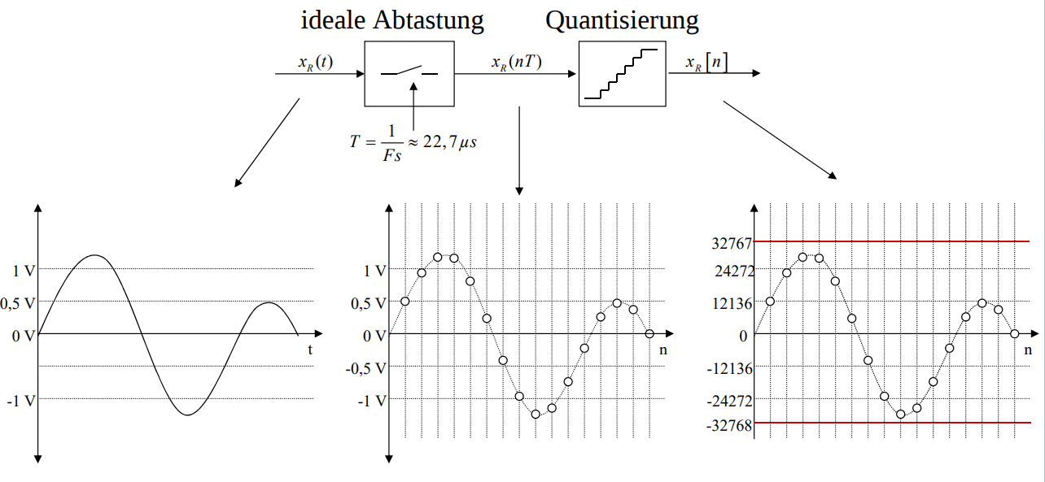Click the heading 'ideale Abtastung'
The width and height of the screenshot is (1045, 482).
[392, 20]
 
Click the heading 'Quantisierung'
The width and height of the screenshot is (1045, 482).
[622, 20]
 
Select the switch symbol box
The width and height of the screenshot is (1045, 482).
[409, 73]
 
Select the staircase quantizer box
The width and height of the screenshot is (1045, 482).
[623, 73]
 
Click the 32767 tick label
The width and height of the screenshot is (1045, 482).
[734, 242]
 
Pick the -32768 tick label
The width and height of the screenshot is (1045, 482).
[732, 423]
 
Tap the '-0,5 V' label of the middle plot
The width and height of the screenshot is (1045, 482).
[365, 368]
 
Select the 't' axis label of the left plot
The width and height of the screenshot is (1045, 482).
[311, 350]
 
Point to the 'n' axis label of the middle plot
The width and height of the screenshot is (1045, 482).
[663, 350]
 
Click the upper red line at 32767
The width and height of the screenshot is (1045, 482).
[895, 241]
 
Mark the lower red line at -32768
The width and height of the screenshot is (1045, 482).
[895, 423]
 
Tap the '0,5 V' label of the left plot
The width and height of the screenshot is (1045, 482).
[18, 303]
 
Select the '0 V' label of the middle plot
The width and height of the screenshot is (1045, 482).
[374, 336]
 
